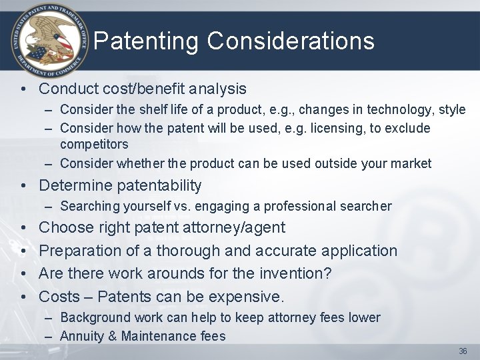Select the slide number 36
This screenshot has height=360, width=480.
[x=463, y=351]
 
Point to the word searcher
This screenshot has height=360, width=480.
[x=366, y=207]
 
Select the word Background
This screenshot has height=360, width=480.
[x=93, y=318]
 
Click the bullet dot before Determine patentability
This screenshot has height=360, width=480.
[x=24, y=186]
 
